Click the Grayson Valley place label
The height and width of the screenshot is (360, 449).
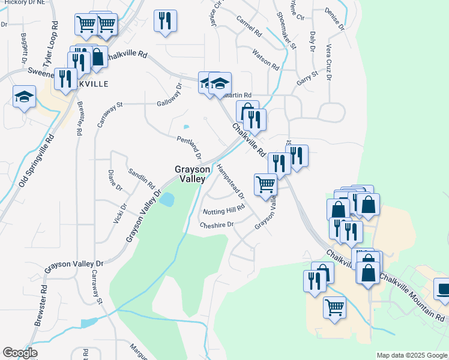click(x=193, y=174)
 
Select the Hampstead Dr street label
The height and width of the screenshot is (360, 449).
click(x=231, y=181)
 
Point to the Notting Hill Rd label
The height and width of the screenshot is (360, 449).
click(x=224, y=210)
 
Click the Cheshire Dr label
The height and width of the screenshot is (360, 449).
click(x=216, y=224)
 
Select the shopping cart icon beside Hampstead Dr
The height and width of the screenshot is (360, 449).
click(x=265, y=184)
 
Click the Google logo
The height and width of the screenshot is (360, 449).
click(x=20, y=353)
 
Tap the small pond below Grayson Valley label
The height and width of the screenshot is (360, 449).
click(x=167, y=199)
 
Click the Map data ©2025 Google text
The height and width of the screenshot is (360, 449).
click(x=411, y=355)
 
